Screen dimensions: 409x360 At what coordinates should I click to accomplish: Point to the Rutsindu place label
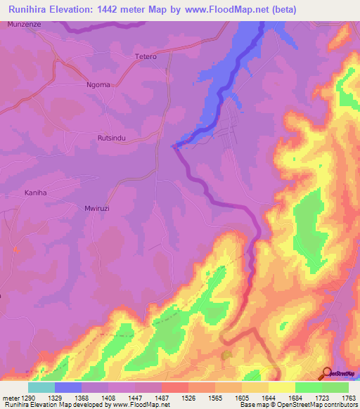coord(111,138)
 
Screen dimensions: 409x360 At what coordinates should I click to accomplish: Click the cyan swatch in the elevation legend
coord(41,387)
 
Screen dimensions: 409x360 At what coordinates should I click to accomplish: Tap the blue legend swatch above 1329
coord(68,387)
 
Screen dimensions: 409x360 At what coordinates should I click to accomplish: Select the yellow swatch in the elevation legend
coord(281,387)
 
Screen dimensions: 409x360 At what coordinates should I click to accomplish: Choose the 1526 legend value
coord(188,398)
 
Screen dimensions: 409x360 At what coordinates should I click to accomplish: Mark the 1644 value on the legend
coord(268,398)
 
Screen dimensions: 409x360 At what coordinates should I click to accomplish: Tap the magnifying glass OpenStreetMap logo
coord(327,373)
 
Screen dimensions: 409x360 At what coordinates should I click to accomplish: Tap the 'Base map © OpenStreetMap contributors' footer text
coord(298,405)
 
